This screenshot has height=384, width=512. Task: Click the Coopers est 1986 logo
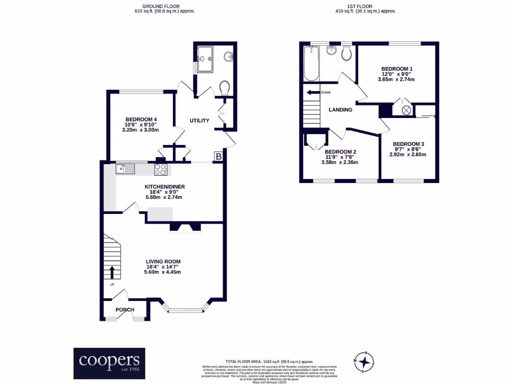click(x=109, y=363)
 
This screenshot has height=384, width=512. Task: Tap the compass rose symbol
click(x=366, y=361)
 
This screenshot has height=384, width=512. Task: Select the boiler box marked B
click(x=218, y=157)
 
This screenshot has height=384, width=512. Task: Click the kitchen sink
click(x=125, y=169)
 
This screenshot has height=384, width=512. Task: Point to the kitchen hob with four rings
click(x=160, y=169)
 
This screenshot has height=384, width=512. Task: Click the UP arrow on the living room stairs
click(x=111, y=272)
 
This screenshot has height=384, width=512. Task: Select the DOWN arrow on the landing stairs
click(x=313, y=92)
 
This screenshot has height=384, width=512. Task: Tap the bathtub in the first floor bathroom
click(x=311, y=63)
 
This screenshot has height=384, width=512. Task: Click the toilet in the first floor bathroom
click(x=346, y=53)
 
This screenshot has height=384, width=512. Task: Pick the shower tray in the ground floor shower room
click(x=205, y=59)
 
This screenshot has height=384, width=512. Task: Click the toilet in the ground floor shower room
click(x=224, y=88)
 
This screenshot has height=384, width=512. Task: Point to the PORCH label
click(x=125, y=310)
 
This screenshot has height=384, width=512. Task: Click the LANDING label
click(x=340, y=110)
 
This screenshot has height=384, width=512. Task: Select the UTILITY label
click(x=199, y=120)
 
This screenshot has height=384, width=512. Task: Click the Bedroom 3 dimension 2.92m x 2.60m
click(x=408, y=154)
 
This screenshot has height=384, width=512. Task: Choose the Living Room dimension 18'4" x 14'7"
click(x=163, y=266)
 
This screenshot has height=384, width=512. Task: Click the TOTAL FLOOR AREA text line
click(x=269, y=361)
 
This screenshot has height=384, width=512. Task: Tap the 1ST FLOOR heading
click(x=365, y=6)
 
